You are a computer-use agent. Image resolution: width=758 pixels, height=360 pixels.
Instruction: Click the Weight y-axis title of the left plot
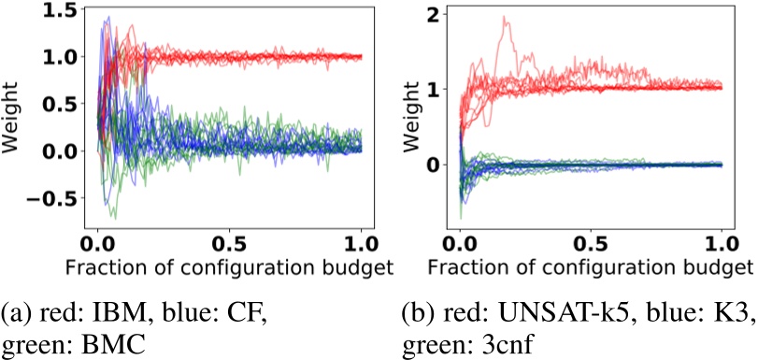[13, 117]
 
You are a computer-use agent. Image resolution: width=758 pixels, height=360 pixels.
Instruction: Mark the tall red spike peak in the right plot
[506, 17]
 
